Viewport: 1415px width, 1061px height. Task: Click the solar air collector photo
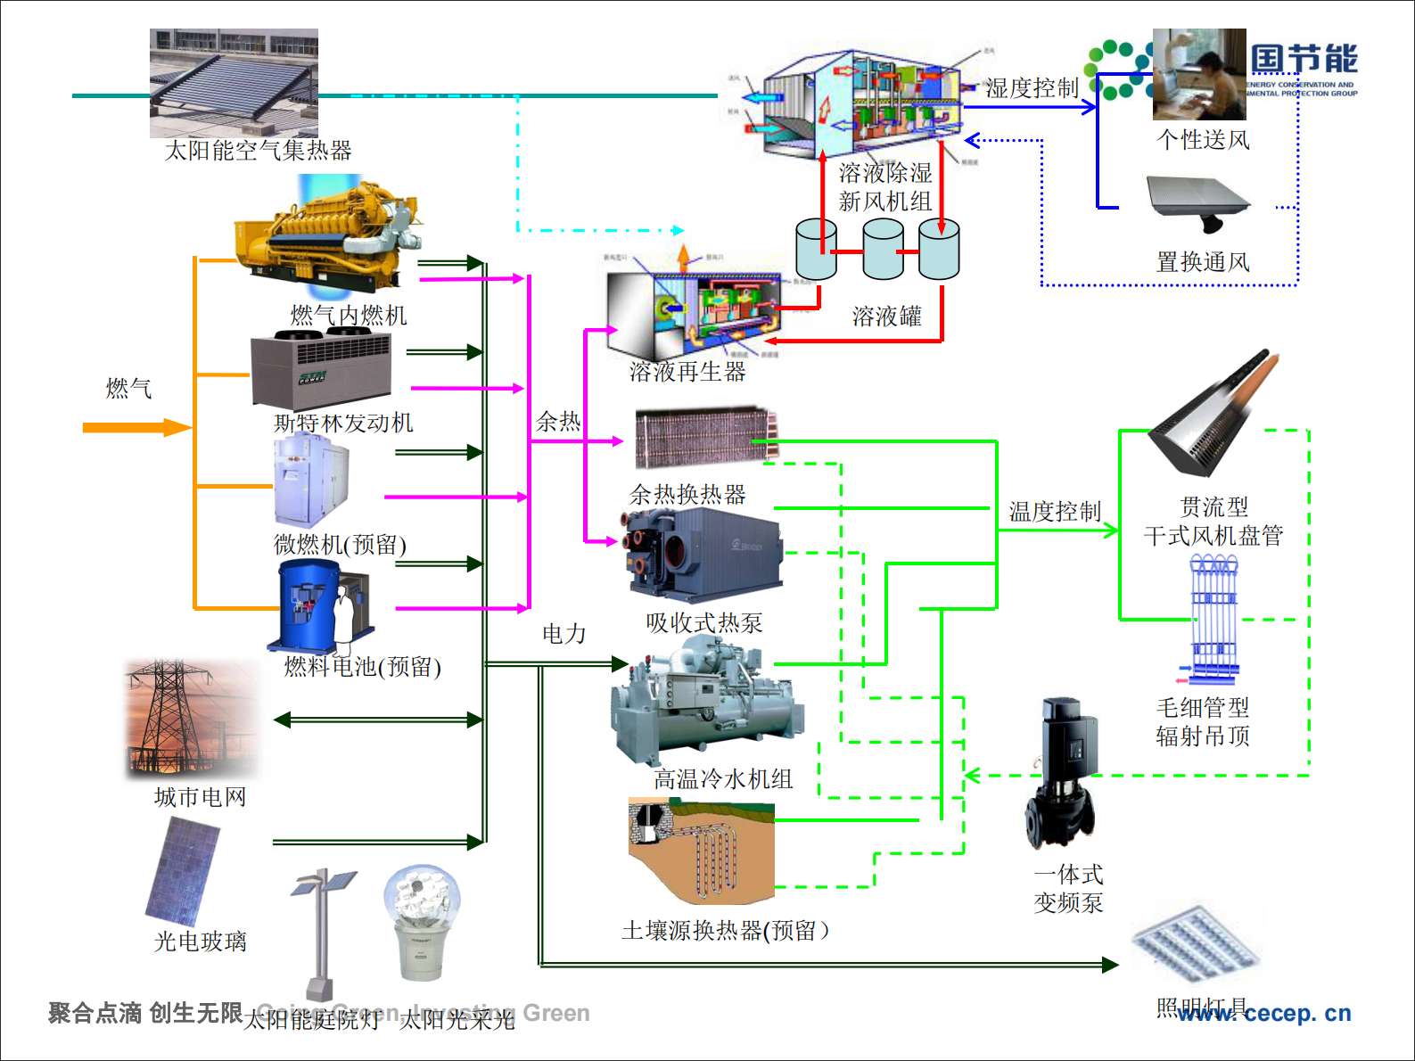click(234, 82)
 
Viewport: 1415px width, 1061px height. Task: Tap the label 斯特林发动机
click(343, 423)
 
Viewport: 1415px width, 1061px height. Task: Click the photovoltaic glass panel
click(183, 871)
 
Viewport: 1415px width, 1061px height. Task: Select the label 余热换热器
click(687, 494)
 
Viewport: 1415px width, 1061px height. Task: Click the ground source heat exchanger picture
click(701, 852)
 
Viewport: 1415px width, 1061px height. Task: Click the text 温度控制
click(1055, 511)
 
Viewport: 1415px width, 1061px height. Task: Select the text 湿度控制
click(1032, 87)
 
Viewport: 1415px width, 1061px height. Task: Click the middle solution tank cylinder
click(883, 250)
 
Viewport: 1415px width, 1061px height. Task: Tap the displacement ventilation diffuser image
click(1197, 203)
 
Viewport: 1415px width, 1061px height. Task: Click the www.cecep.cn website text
click(1263, 1013)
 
